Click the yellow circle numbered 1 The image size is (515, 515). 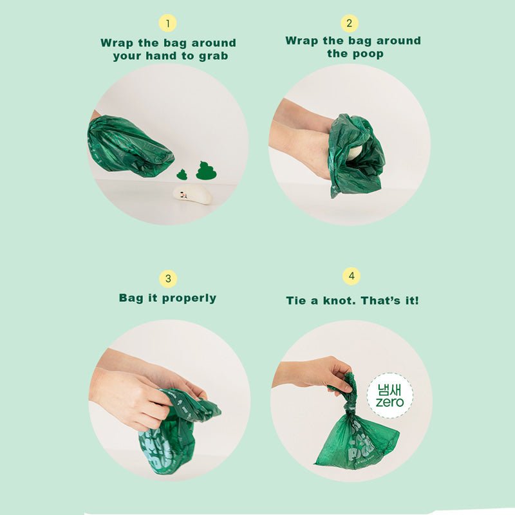(167, 24)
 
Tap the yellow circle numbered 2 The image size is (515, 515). (349, 24)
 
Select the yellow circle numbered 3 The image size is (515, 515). (168, 279)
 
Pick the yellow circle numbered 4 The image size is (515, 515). (351, 277)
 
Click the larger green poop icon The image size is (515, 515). (206, 171)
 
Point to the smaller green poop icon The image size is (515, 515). (182, 174)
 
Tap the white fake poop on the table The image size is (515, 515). (192, 194)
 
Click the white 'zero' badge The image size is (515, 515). (389, 395)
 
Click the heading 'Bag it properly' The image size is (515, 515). (167, 298)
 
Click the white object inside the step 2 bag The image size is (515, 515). (354, 153)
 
